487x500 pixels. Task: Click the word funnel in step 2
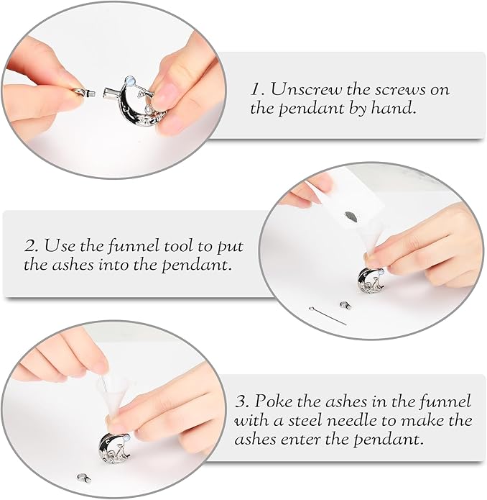pos(132,246)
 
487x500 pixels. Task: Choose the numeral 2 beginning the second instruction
pos(30,246)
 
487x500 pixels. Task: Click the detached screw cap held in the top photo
pos(83,94)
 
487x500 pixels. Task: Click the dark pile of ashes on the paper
pos(351,217)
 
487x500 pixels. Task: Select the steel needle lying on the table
pos(328,316)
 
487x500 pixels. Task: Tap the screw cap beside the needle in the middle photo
pos(345,305)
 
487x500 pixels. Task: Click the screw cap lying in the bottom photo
pos(83,478)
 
